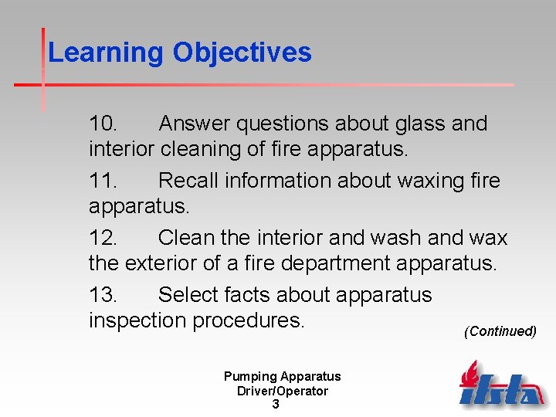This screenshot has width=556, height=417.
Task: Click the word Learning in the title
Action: (x=106, y=53)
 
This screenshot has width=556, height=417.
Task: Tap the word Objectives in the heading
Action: (x=242, y=53)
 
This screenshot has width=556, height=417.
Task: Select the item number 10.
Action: (x=103, y=124)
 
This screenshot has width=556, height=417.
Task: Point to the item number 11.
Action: (x=103, y=181)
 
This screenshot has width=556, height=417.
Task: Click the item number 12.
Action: (x=103, y=238)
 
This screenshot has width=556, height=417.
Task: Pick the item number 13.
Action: (x=103, y=295)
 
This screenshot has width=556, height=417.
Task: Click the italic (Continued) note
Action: (x=500, y=331)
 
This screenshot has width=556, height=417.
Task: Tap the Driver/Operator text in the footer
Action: (x=282, y=391)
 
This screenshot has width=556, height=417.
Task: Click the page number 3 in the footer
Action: (x=276, y=404)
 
